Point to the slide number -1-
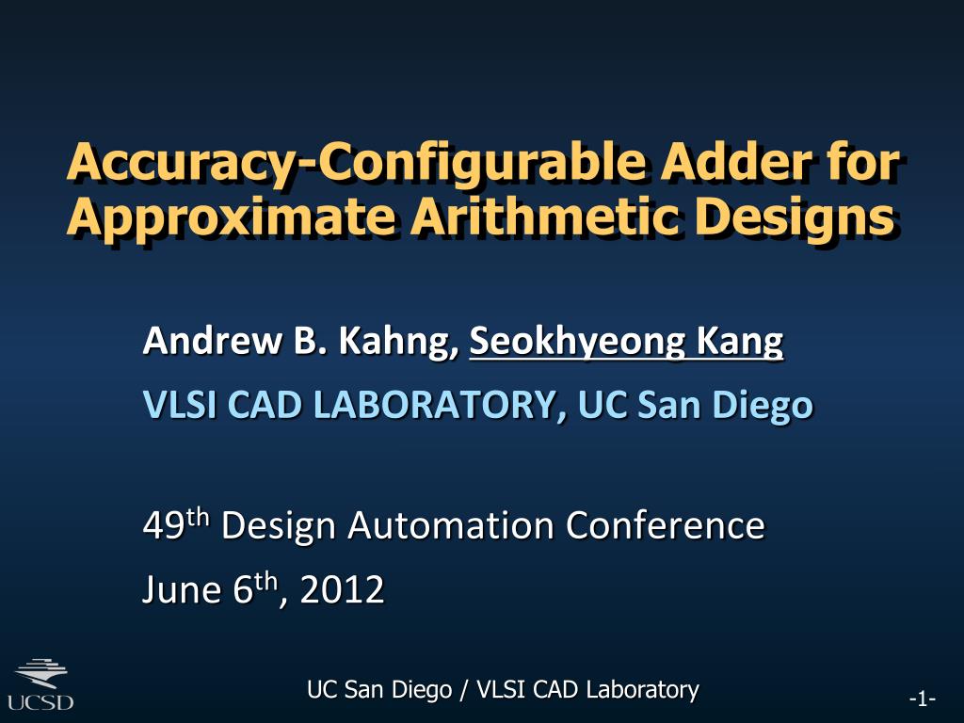click(922, 699)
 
